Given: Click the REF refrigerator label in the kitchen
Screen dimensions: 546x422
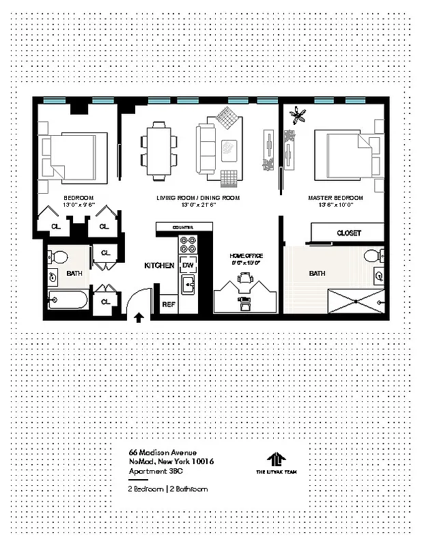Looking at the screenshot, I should tap(168, 305).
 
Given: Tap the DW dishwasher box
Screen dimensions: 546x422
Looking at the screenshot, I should tap(188, 265).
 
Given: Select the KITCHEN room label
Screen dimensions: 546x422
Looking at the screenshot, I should tap(159, 265).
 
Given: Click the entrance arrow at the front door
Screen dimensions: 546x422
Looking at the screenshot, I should tap(139, 317).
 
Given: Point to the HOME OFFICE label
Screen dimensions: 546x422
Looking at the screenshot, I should tap(246, 256).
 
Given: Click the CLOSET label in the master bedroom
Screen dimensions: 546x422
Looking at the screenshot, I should tap(349, 233).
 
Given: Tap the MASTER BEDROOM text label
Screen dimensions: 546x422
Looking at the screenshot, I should tap(335, 198).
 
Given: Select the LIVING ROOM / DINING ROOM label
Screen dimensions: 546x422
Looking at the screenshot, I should tap(198, 198).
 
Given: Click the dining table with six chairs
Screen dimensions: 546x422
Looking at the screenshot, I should tap(158, 150).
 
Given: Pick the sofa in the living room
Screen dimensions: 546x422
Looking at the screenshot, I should tap(208, 149).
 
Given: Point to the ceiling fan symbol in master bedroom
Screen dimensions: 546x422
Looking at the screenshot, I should tap(298, 116).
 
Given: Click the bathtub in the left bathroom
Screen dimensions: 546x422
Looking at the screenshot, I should tap(68, 300).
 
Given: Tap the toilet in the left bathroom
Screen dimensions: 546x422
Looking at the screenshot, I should tap(59, 258).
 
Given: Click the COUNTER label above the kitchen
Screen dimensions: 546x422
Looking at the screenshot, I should tap(183, 227).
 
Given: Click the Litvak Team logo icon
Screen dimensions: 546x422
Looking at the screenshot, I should tap(275, 459).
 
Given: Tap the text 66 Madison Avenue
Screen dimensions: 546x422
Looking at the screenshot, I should tap(163, 452).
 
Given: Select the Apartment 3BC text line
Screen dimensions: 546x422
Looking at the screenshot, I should tap(156, 472).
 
